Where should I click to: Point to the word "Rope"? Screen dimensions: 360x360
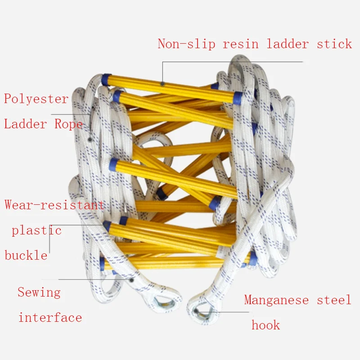[68, 124]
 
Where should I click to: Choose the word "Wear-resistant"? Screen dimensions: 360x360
[54, 205]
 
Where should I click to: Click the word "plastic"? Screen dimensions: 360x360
[36, 231]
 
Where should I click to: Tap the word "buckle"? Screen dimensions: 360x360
[26, 256]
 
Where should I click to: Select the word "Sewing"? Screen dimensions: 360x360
[39, 292]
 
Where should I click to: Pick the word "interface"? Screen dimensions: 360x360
[50, 318]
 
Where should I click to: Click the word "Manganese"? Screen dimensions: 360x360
[277, 300]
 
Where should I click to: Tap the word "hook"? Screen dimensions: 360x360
[266, 325]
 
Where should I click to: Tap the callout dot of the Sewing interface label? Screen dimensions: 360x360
[132, 279]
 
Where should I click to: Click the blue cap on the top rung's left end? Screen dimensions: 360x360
[106, 80]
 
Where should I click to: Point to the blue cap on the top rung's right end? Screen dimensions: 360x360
[237, 97]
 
